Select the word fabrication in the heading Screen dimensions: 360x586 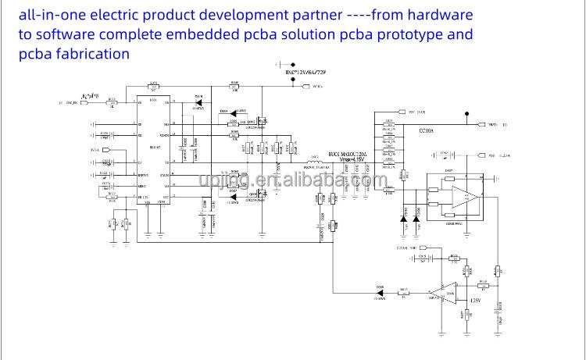coord(87,54)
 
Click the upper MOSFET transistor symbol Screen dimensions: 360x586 coord(263,121)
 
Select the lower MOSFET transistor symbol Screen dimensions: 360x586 coord(264,192)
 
